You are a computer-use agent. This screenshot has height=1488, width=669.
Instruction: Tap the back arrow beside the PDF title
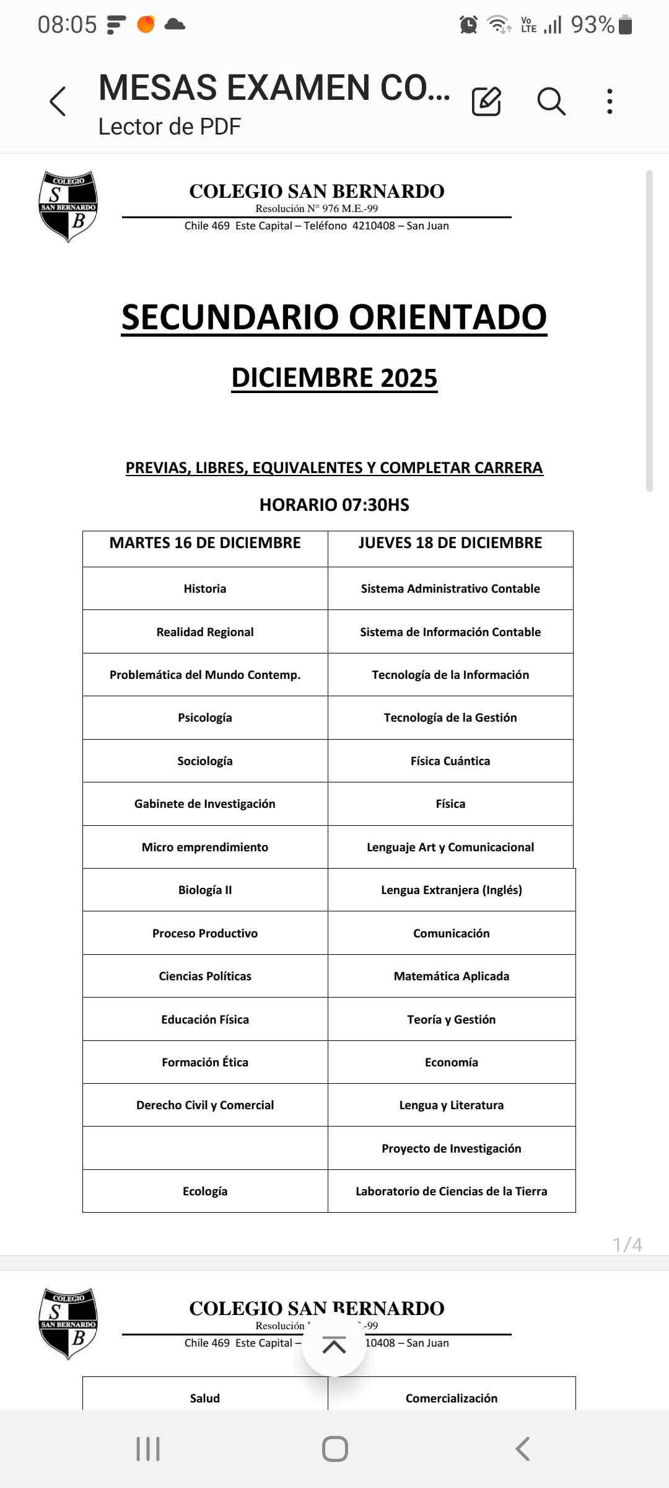point(58,101)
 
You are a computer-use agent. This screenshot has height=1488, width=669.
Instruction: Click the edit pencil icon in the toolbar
point(486,101)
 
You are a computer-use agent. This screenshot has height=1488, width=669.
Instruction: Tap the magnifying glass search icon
point(551,101)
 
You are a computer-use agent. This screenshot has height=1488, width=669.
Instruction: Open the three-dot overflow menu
point(610,101)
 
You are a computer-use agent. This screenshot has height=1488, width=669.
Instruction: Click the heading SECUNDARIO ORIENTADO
point(334,317)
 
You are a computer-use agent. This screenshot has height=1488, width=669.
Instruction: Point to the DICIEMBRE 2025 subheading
point(334,378)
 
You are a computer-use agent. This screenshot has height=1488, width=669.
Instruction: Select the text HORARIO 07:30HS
point(334,505)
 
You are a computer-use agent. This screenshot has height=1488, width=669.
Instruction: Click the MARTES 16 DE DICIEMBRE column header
point(205,543)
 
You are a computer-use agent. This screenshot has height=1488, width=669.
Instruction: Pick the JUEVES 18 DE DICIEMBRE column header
point(450,543)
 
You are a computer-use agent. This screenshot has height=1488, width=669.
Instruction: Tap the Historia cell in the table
point(205,588)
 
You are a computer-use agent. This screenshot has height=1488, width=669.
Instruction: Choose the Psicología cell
point(205,717)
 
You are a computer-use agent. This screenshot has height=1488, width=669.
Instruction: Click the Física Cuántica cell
point(450,761)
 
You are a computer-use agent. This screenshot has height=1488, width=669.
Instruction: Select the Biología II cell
point(205,890)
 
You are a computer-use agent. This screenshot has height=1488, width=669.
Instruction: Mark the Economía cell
point(452,1062)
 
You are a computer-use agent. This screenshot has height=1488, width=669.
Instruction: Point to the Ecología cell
point(205,1191)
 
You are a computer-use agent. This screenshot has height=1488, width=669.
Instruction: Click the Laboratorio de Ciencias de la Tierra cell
point(452,1191)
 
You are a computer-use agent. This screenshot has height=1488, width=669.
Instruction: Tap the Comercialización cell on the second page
point(452,1398)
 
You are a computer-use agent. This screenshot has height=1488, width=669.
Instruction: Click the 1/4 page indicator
point(627,1244)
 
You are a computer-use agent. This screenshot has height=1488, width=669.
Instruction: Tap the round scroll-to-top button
point(334,1346)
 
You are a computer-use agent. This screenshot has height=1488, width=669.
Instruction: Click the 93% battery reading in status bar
point(592,25)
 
